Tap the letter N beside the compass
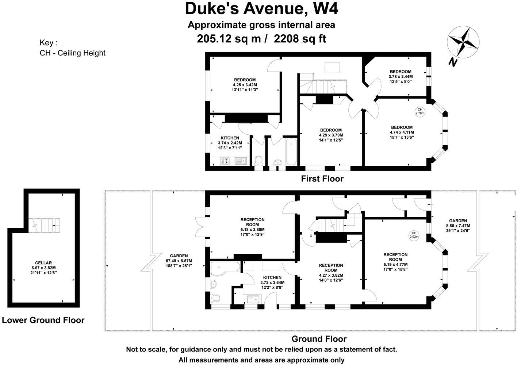click(453, 62)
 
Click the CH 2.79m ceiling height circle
click(420, 111)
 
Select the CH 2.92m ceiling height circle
click(414, 235)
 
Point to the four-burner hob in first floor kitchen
click(225, 160)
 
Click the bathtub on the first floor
click(291, 151)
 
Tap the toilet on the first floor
click(259, 161)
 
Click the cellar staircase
click(44, 225)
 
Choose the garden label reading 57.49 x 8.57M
click(179, 261)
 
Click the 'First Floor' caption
click(322, 179)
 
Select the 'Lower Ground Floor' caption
click(43, 320)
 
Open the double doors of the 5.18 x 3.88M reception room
click(200, 228)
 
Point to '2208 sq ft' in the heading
click(300, 38)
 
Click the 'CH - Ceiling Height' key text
click(72, 53)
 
